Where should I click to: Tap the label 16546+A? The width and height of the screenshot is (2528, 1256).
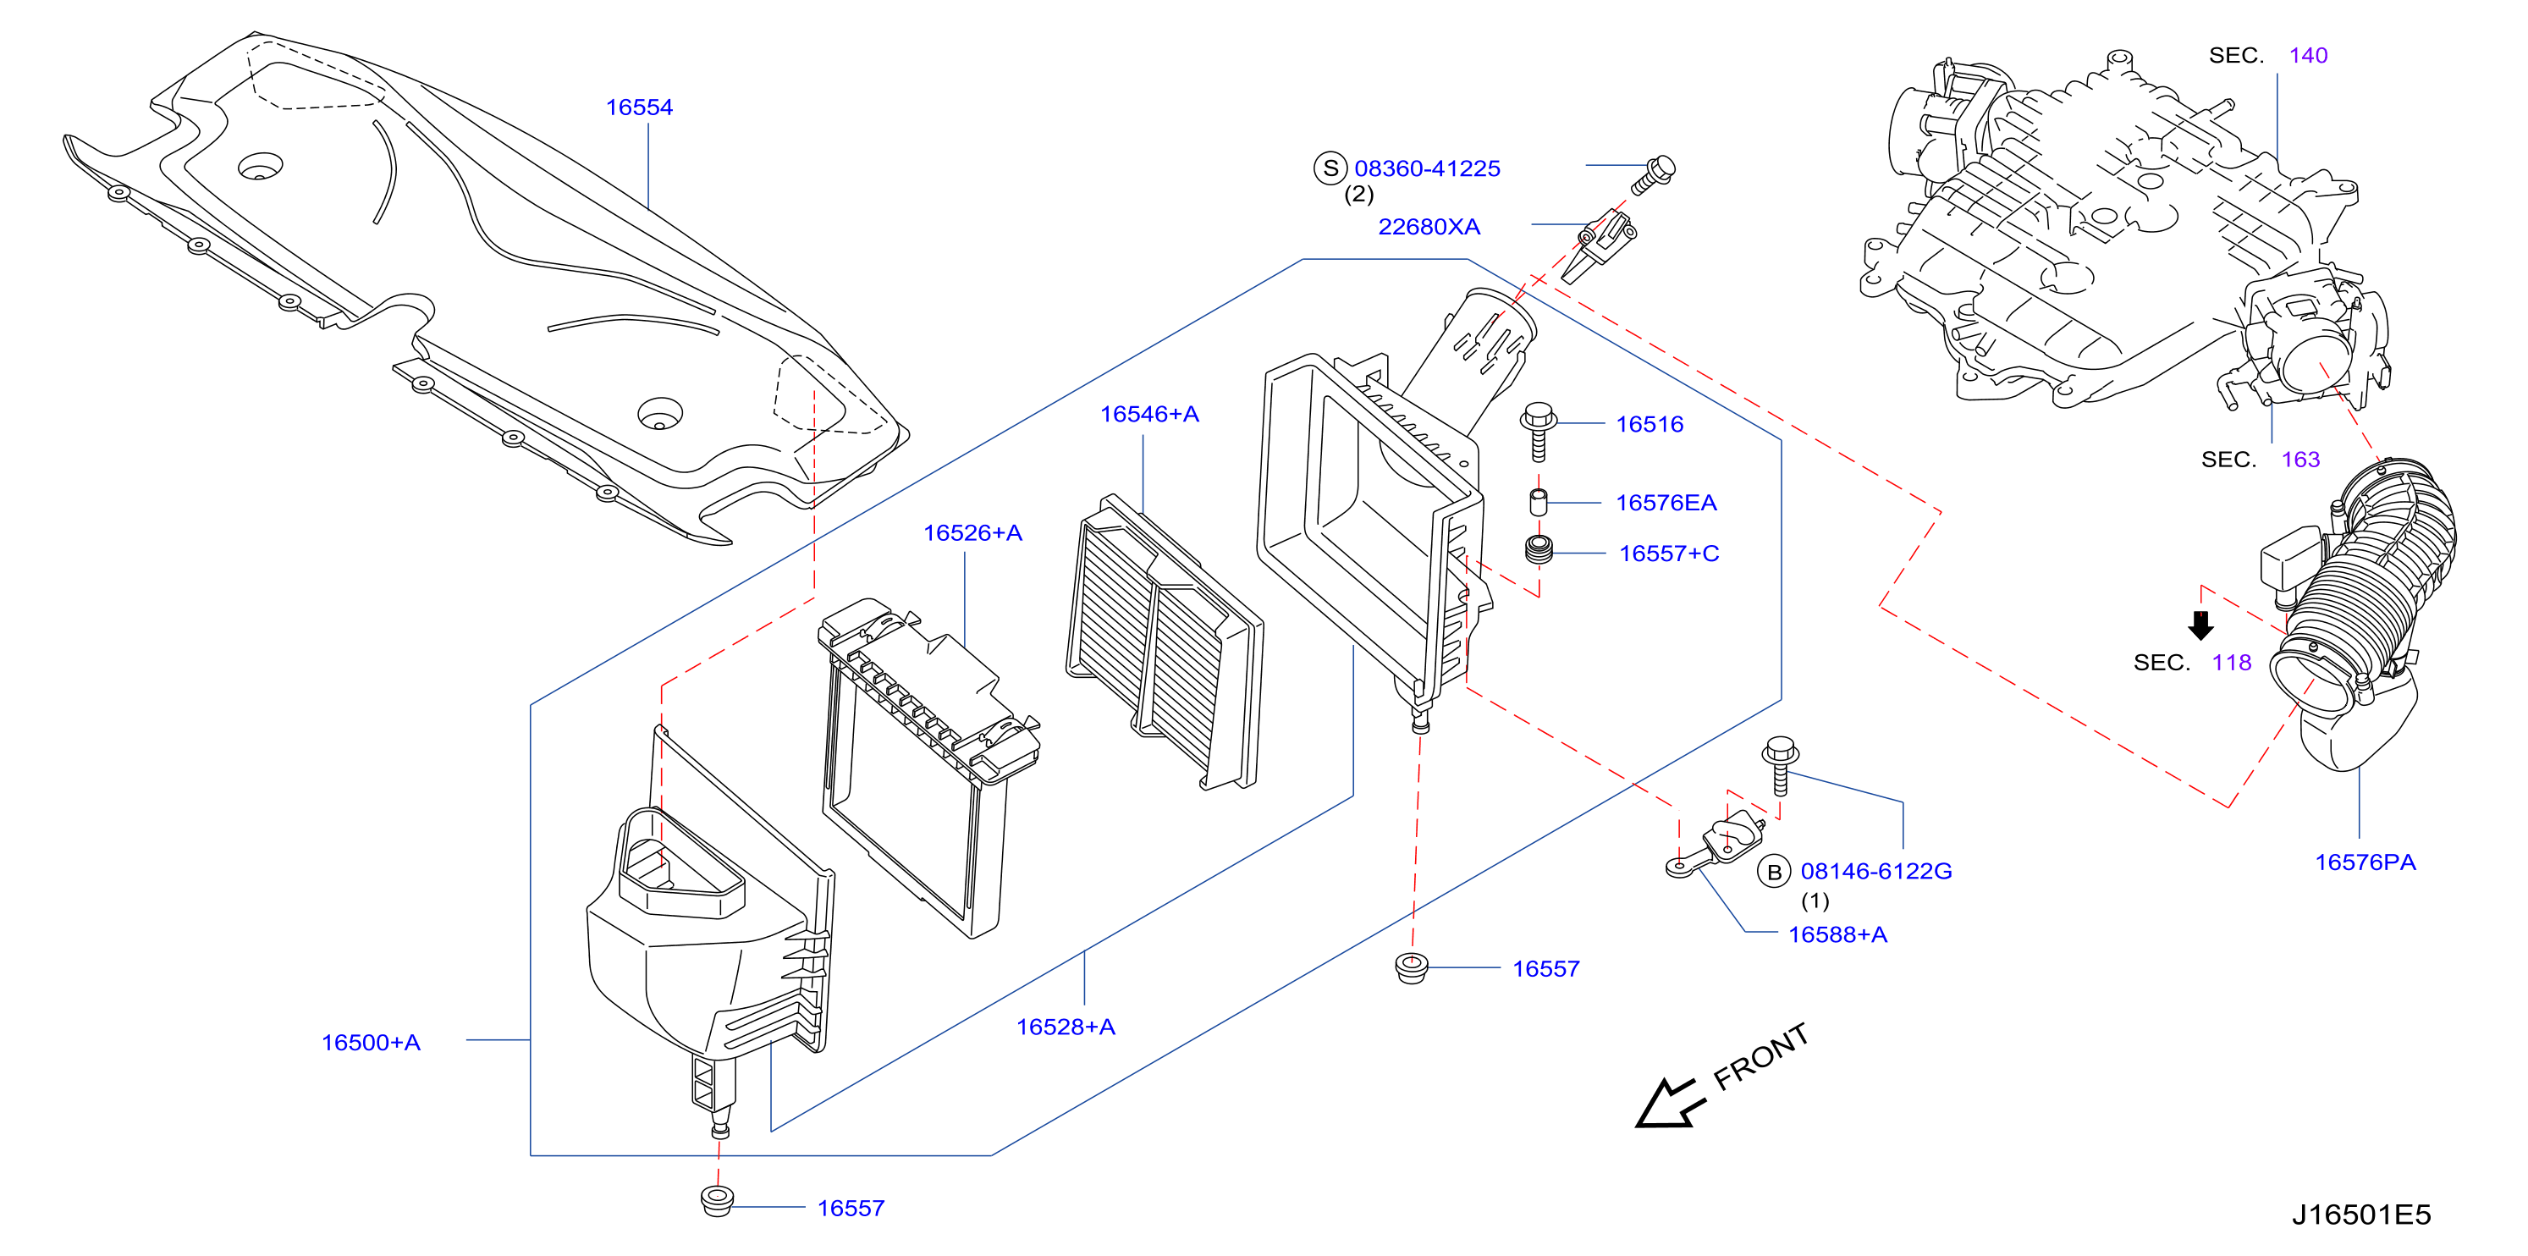tap(1149, 414)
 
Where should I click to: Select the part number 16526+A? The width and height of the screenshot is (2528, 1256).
tap(972, 533)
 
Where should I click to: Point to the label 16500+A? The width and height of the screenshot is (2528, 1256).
tap(371, 1042)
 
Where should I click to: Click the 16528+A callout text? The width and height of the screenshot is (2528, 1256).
tap(1066, 1027)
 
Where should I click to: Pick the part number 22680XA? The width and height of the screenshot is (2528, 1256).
tap(1429, 227)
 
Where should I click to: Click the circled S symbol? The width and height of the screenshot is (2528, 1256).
tap(1330, 168)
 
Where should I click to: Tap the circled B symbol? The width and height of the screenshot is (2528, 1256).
tap(1774, 872)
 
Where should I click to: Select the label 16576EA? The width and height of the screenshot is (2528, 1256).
tap(1666, 503)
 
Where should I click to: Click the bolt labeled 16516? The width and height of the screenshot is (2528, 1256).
tap(1538, 431)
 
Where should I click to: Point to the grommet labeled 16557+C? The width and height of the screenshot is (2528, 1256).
tap(1539, 549)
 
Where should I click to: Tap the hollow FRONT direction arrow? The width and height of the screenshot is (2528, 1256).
tap(1666, 1103)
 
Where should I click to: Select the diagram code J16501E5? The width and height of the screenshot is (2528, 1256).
tap(2361, 1215)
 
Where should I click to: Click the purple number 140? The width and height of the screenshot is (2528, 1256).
tap(2308, 55)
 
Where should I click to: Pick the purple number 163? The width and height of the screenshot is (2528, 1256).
tap(2300, 460)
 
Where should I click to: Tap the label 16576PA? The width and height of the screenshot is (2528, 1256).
tap(2366, 862)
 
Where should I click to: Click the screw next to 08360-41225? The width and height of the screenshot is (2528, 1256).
tap(1654, 174)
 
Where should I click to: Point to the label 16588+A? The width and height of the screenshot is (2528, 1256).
tap(1838, 934)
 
